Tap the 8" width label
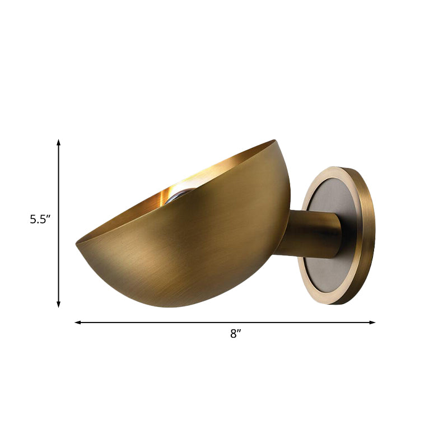point(235,334)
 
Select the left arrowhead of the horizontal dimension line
point(78,323)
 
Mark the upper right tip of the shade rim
point(274,141)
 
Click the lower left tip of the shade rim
point(77,244)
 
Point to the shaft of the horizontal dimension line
point(168,323)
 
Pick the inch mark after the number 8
point(239,332)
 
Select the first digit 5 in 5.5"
point(33,220)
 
